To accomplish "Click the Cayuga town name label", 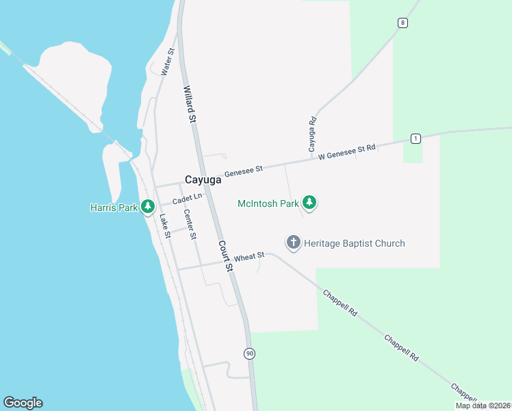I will point(203,180).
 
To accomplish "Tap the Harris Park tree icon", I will point(148,206).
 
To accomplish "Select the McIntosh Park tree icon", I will point(310,203).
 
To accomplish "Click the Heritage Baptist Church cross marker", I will point(294,242).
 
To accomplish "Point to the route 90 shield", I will point(249,353).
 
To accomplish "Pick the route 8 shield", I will point(402,23).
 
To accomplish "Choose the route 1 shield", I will point(415,138).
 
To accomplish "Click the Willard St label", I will point(190,104).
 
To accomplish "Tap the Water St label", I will point(167,61).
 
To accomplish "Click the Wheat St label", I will point(249,258).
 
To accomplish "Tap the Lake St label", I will point(165,226).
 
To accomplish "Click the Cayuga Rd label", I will point(312,134).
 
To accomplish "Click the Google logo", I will point(23,403).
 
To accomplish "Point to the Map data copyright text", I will point(483,406).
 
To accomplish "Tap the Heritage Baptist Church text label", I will point(355,243).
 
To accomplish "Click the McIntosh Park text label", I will point(268,203).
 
